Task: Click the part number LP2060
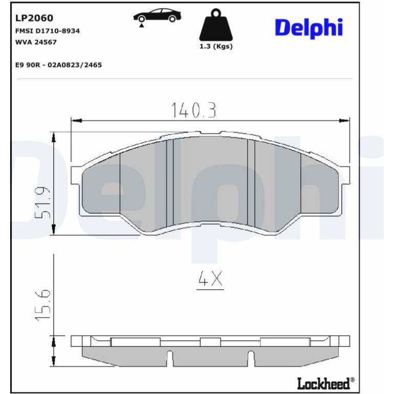(34, 18)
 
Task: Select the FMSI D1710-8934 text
(48, 31)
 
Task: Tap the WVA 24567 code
(36, 42)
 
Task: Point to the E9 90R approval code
(58, 65)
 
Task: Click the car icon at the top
(157, 15)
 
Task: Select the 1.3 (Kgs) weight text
(216, 47)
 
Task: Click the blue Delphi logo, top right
(309, 28)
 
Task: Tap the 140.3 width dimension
(193, 110)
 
